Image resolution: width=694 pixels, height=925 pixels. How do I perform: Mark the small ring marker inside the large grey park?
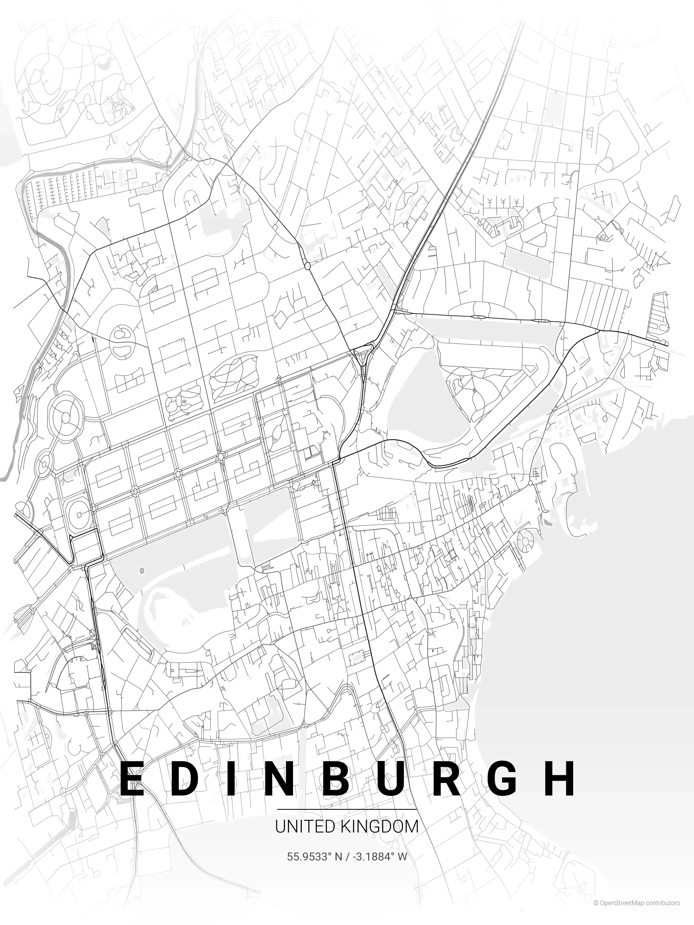point(141,570)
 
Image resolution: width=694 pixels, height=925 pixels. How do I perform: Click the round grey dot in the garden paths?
point(184,401)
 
